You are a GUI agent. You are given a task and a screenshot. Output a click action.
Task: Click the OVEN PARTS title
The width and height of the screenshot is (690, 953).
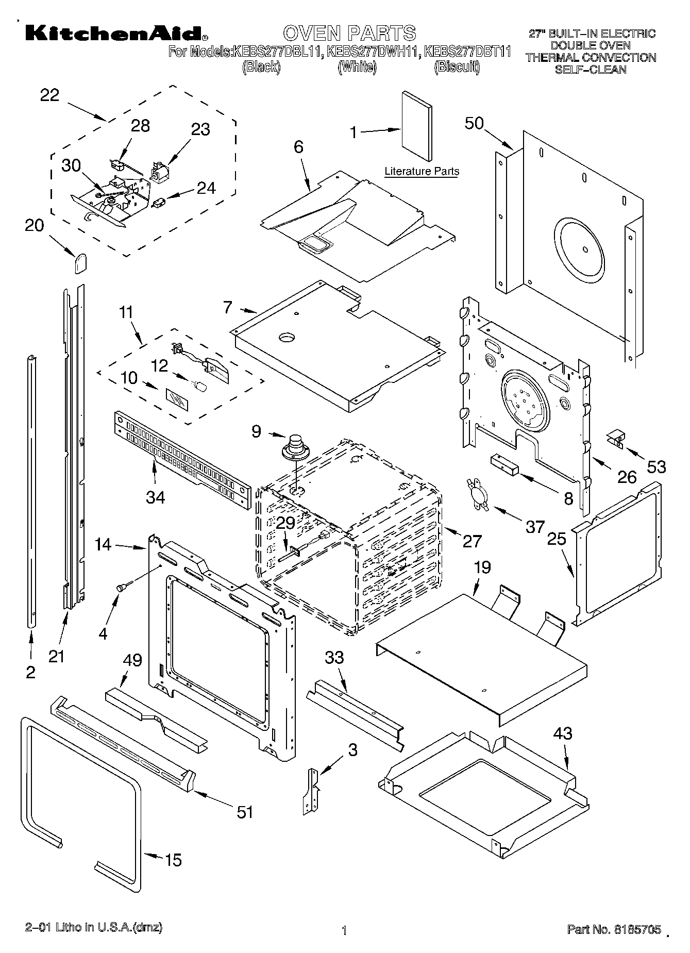349,32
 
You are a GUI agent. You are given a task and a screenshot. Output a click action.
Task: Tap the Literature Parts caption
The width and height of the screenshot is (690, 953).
422,171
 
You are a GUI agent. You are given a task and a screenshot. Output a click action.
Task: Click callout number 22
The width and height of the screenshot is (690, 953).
49,95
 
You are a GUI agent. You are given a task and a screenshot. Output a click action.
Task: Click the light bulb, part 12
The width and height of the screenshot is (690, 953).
199,385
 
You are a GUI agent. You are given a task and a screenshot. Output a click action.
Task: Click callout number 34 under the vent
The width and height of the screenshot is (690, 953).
155,497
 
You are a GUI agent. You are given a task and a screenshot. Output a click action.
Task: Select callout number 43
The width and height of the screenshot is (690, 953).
562,732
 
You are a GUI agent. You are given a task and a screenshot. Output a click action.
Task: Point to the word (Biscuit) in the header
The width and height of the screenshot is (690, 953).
457,66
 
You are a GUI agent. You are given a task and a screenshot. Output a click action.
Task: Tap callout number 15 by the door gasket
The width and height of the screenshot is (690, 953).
173,860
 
